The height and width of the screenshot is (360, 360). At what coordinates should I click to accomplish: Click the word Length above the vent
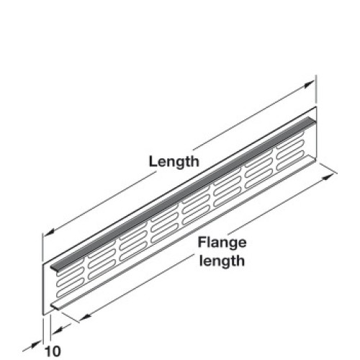click(x=174, y=162)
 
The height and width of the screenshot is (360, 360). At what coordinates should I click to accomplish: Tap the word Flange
click(x=222, y=243)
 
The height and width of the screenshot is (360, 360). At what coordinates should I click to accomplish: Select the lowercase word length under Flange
click(x=222, y=261)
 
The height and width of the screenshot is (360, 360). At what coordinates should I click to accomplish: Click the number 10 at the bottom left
click(x=53, y=351)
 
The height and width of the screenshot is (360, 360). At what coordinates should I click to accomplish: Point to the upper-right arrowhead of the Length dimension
click(x=309, y=84)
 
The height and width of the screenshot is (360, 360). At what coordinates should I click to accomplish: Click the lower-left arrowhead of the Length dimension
click(x=49, y=232)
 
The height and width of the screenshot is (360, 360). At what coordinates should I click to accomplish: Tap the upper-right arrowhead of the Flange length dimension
click(x=328, y=177)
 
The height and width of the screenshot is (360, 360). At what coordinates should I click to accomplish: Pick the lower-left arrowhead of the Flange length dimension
click(x=85, y=318)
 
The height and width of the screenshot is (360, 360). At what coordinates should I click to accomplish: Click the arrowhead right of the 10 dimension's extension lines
click(x=57, y=330)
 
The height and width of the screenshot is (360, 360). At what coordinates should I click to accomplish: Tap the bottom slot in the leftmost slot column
click(x=71, y=289)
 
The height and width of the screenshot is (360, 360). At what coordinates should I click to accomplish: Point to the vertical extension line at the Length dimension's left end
click(x=42, y=248)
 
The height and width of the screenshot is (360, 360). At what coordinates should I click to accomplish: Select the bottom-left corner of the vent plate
click(x=42, y=315)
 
